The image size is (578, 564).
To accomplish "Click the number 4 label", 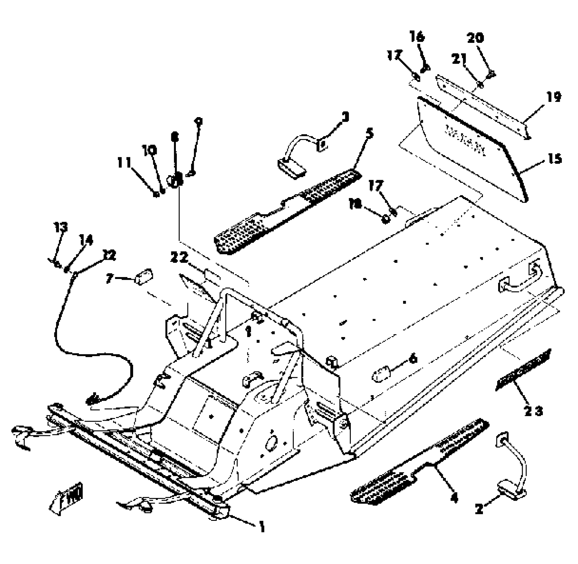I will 454,498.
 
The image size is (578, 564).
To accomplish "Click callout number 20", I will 475,37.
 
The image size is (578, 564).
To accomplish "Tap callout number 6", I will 413,359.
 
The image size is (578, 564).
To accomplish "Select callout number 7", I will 110,278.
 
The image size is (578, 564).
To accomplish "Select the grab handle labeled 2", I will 512,471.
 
